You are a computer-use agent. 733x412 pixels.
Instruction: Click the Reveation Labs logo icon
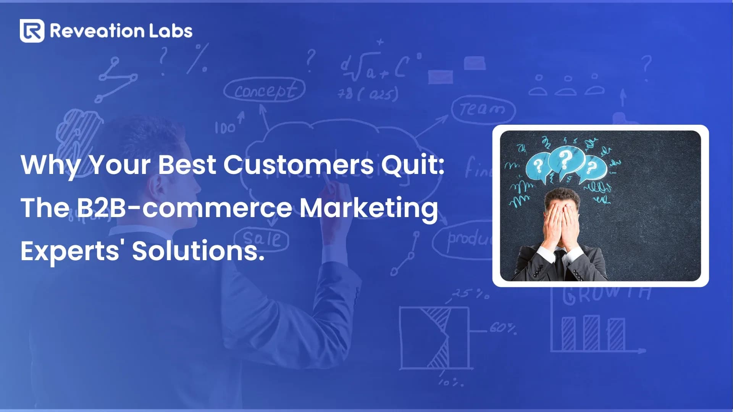click(32, 31)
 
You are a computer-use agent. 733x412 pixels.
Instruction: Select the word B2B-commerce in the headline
click(184, 208)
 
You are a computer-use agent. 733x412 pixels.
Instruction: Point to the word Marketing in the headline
click(368, 208)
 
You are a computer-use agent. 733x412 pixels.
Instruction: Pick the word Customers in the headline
click(298, 165)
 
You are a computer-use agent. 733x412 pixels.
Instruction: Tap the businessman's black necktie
click(560, 263)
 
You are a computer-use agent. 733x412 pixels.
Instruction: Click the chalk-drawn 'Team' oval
click(483, 110)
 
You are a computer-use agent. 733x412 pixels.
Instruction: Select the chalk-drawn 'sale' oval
click(262, 239)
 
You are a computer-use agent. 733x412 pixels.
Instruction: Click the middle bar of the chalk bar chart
click(591, 333)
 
